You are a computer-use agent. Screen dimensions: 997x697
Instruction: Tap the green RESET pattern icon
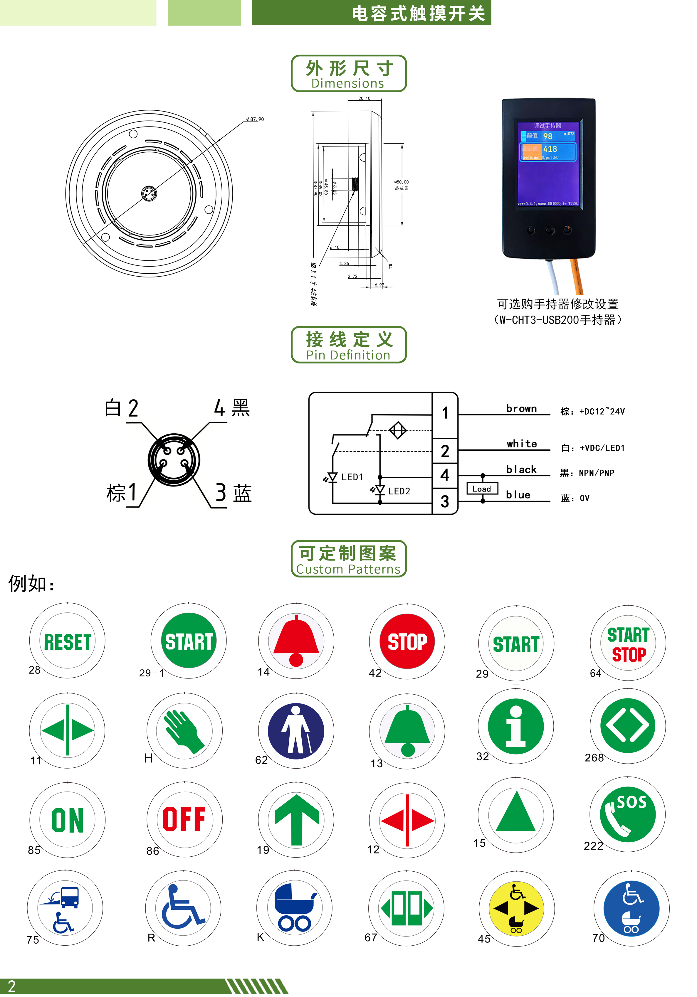pyautogui.click(x=67, y=641)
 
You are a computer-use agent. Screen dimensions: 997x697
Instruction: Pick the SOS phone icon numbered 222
pyautogui.click(x=627, y=814)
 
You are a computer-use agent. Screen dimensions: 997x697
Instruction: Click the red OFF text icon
pyautogui.click(x=184, y=819)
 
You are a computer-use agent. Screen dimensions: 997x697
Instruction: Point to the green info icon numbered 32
pyautogui.click(x=516, y=726)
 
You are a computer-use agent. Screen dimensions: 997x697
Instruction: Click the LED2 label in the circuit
pyautogui.click(x=399, y=491)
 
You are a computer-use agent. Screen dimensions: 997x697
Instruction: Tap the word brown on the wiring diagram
pyautogui.click(x=521, y=409)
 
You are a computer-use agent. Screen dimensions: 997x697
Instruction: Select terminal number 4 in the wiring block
pyautogui.click(x=444, y=475)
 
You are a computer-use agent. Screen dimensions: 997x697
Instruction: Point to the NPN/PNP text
pyautogui.click(x=596, y=473)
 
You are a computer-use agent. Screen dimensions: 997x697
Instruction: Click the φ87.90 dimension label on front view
pyautogui.click(x=255, y=119)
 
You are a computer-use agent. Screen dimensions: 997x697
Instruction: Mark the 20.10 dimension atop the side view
pyautogui.click(x=364, y=98)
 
